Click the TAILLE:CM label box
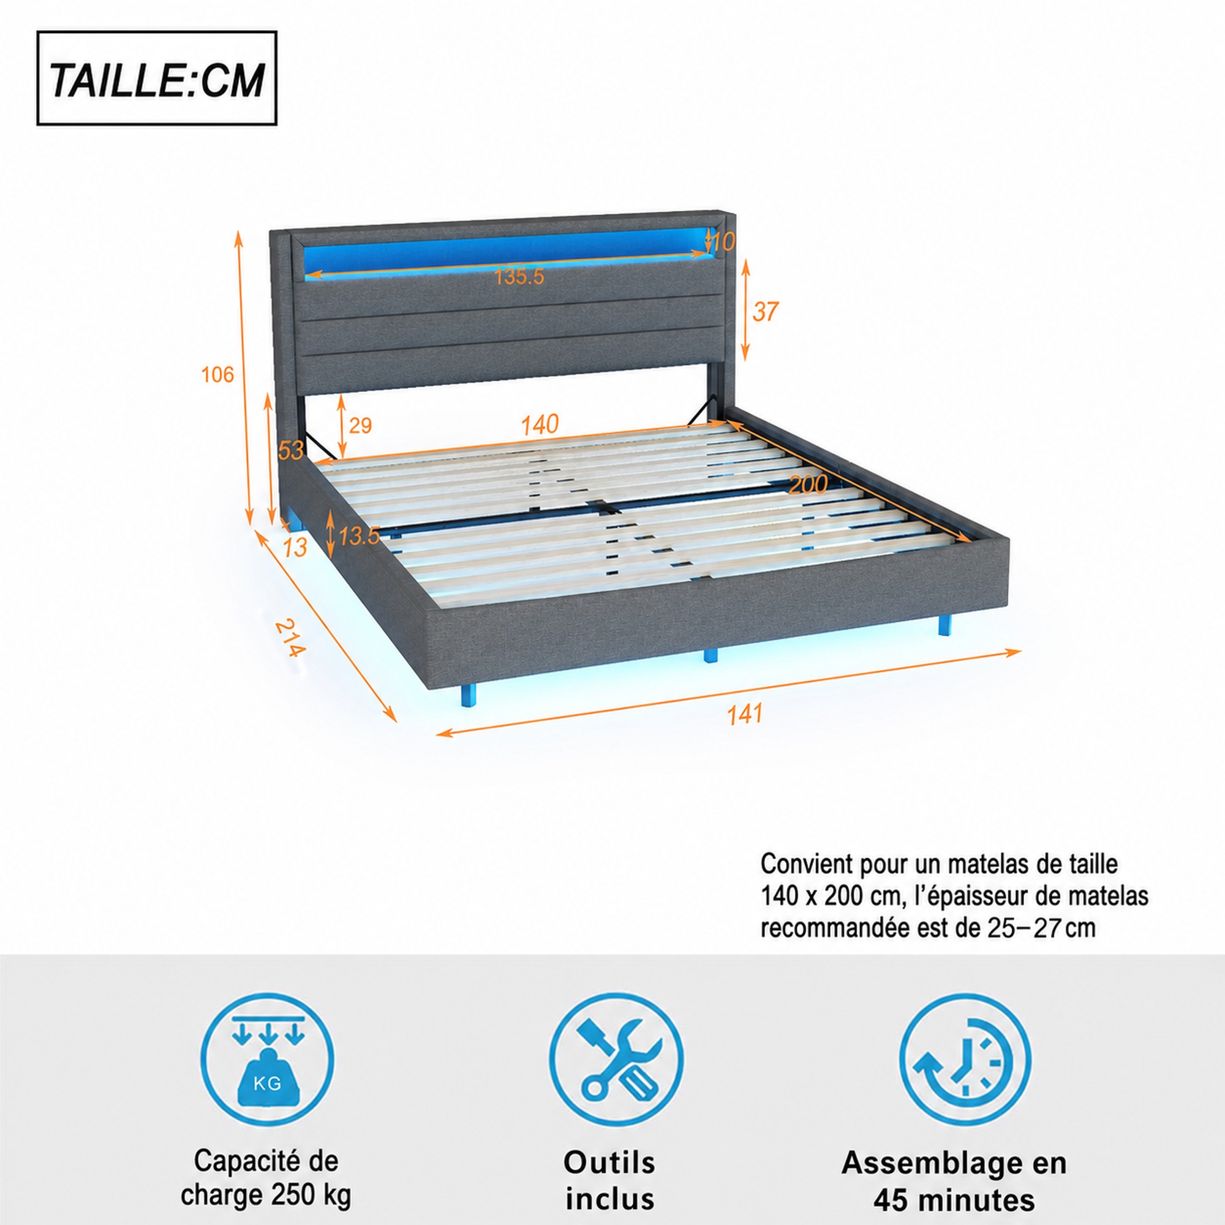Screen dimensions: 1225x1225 pyautogui.click(x=157, y=78)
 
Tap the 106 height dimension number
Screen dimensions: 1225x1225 pyautogui.click(x=217, y=375)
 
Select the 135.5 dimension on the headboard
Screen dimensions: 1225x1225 pyautogui.click(x=519, y=276)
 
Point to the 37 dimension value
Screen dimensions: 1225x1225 pyautogui.click(x=765, y=311)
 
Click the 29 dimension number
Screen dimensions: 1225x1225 pyautogui.click(x=360, y=426)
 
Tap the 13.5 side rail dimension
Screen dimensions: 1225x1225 pyautogui.click(x=358, y=537)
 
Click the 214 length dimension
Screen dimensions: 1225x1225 pyautogui.click(x=290, y=637)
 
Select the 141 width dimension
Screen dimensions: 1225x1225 pyautogui.click(x=744, y=715)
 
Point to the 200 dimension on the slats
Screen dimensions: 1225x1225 pyautogui.click(x=808, y=485)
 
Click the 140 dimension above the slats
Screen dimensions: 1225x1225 pyautogui.click(x=540, y=425)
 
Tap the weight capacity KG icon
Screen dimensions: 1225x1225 pyautogui.click(x=268, y=1060)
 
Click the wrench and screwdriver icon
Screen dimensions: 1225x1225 pyautogui.click(x=616, y=1060)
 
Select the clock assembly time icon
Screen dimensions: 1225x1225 pyautogui.click(x=965, y=1060)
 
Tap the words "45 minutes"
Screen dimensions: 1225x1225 pyautogui.click(x=954, y=1200)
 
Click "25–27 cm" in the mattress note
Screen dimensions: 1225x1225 pyautogui.click(x=1041, y=929)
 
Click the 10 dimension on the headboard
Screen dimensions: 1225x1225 pyautogui.click(x=722, y=241)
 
